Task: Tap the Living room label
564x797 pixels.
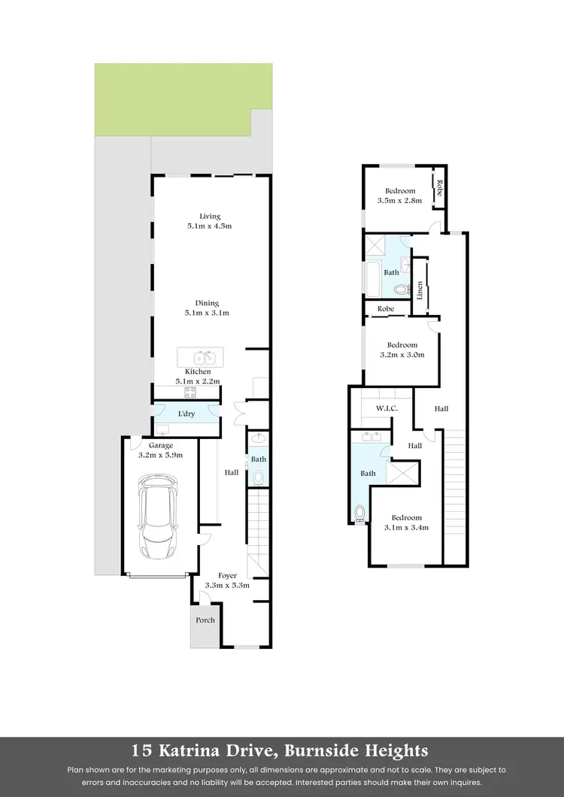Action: [x=199, y=217]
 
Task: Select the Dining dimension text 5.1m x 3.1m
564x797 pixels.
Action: [x=208, y=313]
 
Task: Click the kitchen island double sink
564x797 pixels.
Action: [x=200, y=357]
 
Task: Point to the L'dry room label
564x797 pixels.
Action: [x=186, y=414]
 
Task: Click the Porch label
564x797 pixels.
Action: [x=205, y=620]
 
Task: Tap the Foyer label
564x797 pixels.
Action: [x=227, y=575]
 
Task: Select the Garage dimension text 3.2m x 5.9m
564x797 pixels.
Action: [x=161, y=455]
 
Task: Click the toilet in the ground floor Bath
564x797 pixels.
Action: [x=259, y=476]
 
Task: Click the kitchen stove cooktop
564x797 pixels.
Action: [x=190, y=392]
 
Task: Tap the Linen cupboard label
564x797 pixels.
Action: [x=420, y=288]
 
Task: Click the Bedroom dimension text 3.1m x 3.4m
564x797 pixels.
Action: [x=407, y=527]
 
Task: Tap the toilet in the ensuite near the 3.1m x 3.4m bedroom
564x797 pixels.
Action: [x=360, y=514]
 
